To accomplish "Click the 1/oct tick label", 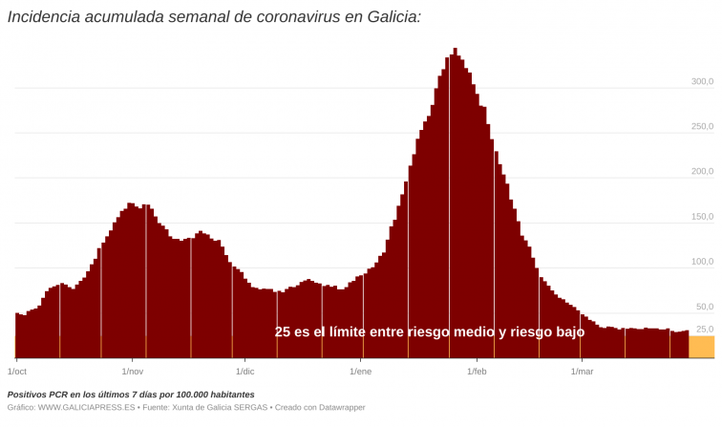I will (x=16, y=371).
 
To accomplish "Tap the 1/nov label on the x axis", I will (x=132, y=371).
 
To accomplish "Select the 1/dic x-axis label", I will (x=245, y=371).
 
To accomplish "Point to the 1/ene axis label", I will (x=360, y=371).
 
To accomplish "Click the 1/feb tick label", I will (x=475, y=371).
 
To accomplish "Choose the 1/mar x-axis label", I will (x=582, y=371).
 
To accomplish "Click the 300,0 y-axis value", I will (x=702, y=82).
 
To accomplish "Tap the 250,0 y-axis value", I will (x=702, y=126).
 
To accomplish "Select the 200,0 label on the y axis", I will (x=702, y=172).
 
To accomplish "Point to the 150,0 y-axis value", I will (x=702, y=217).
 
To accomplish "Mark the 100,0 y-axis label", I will (x=702, y=262).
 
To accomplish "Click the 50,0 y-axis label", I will (x=704, y=307).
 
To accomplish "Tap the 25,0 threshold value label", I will (x=704, y=330).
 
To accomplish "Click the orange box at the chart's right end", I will (x=701, y=347).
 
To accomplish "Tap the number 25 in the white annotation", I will (x=283, y=332).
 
